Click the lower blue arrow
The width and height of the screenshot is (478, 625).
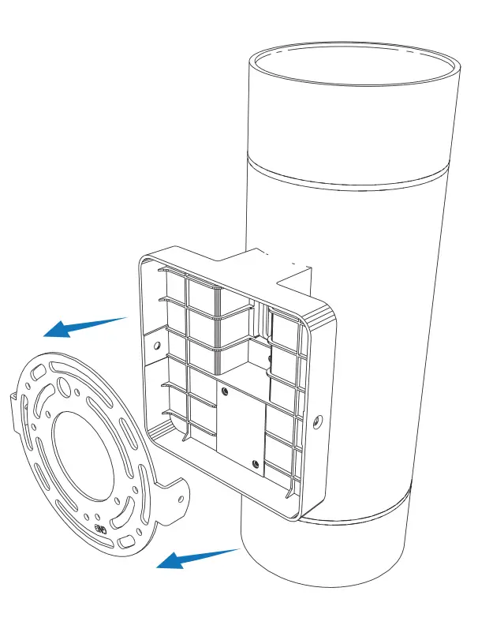[197, 557]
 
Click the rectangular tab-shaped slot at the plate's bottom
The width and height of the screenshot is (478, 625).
[126, 541]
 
